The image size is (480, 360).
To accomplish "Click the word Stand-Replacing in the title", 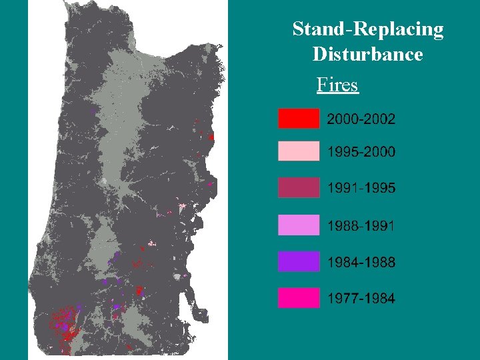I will click(367, 29).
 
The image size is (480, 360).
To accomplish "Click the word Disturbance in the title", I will click(367, 54).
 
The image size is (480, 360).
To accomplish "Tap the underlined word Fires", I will click(337, 85).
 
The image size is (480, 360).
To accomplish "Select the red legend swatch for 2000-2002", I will click(298, 119).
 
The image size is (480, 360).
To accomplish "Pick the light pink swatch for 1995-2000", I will click(298, 151).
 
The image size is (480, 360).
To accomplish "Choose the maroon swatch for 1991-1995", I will click(298, 188).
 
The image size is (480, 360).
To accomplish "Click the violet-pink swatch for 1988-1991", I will click(298, 225).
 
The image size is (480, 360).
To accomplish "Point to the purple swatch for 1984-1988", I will click(298, 262).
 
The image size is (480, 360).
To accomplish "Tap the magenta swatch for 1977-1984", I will click(298, 298).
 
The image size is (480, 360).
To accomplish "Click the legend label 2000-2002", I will click(361, 119).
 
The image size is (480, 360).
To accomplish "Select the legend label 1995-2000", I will click(361, 152).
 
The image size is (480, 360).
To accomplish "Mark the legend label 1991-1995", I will click(361, 188).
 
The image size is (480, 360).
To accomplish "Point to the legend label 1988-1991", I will click(361, 225).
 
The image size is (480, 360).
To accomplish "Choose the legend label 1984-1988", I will click(361, 262).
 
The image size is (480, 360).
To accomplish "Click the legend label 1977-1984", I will click(361, 298).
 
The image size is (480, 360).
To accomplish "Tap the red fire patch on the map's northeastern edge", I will click(211, 137).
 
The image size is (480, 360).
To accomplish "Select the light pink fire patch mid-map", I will click(152, 243).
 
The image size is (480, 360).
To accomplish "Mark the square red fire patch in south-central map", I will click(139, 290).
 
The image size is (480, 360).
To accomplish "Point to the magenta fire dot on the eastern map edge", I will click(209, 183).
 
